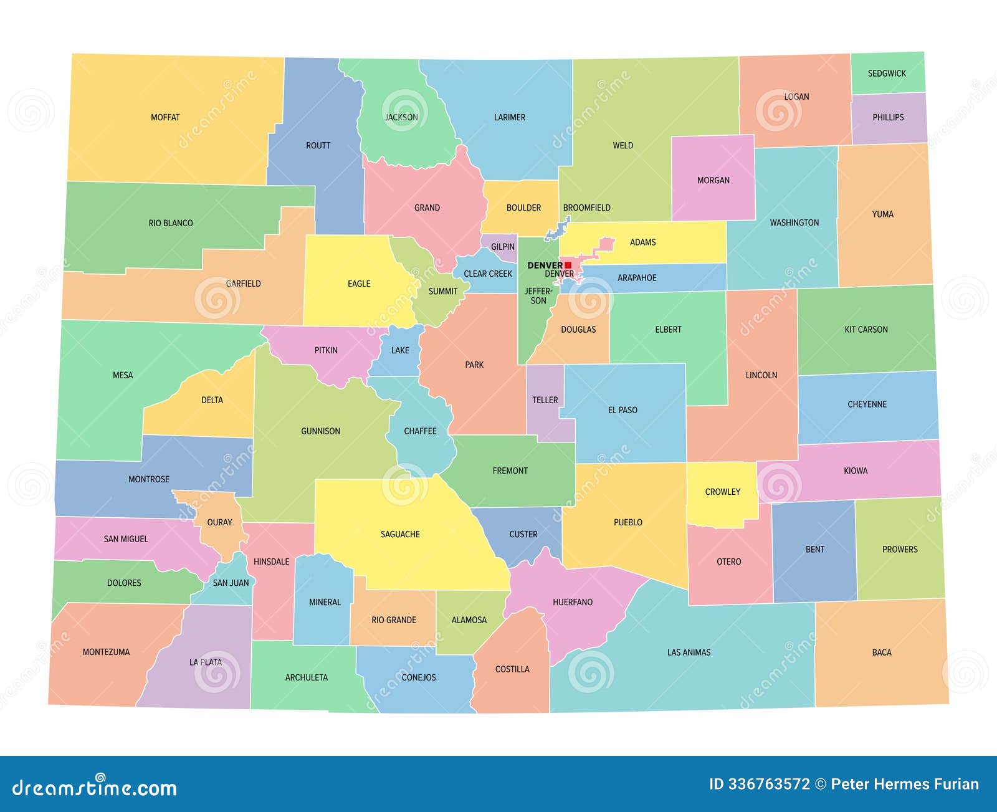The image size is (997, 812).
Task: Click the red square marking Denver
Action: [x=568, y=265]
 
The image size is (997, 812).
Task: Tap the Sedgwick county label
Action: [x=887, y=74]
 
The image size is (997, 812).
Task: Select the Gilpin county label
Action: [x=502, y=247]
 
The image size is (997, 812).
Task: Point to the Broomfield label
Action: [x=586, y=208]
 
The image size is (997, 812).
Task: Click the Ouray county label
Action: [x=219, y=522]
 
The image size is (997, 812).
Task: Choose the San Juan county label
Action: [x=231, y=583]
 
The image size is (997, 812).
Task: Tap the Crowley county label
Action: [x=722, y=492]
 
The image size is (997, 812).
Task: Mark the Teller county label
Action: [x=545, y=400]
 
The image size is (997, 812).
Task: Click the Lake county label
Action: [x=400, y=350]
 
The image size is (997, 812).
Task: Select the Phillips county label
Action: [x=888, y=117]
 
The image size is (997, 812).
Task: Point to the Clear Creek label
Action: [x=487, y=274]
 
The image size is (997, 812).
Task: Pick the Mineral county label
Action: [x=325, y=602]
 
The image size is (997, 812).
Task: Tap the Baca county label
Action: [x=881, y=652]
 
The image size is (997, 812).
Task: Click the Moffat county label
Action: [x=165, y=117]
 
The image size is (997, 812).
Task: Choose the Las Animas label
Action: [x=689, y=652]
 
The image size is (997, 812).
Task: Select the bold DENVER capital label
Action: [x=544, y=265]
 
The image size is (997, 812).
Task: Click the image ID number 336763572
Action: [x=769, y=784]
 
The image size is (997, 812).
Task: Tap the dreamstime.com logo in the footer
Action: [x=94, y=787]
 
